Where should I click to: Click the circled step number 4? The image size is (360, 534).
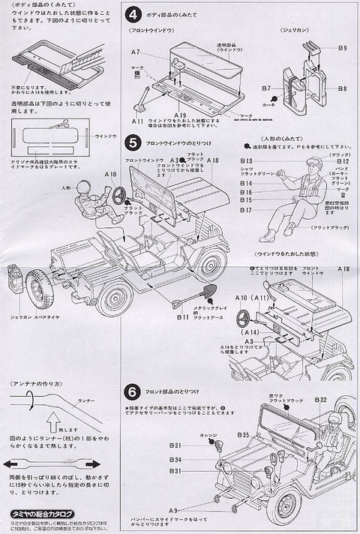pos(133,14)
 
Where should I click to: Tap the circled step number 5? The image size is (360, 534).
pos(133,141)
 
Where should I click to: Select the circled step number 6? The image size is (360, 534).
pos(133,391)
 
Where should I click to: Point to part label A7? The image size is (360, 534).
pos(136,52)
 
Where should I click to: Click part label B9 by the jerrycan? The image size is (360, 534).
pos(342,49)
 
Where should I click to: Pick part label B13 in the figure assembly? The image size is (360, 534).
pos(247,161)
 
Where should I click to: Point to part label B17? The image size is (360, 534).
pos(247,211)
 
